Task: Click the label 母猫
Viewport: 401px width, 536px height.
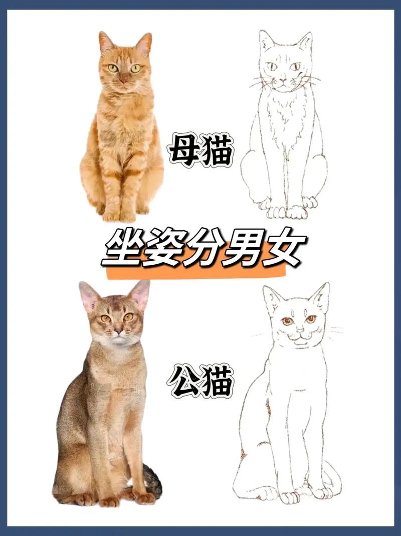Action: coord(200,149)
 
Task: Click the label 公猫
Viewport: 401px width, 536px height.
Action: coord(200,381)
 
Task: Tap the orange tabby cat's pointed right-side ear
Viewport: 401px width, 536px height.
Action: coord(144,43)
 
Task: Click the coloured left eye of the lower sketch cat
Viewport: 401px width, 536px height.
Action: coord(287,321)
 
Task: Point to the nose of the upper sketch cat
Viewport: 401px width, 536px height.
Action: coord(283,79)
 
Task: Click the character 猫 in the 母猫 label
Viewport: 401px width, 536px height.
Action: coord(216,149)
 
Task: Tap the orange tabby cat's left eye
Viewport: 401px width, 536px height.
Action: coord(113,68)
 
